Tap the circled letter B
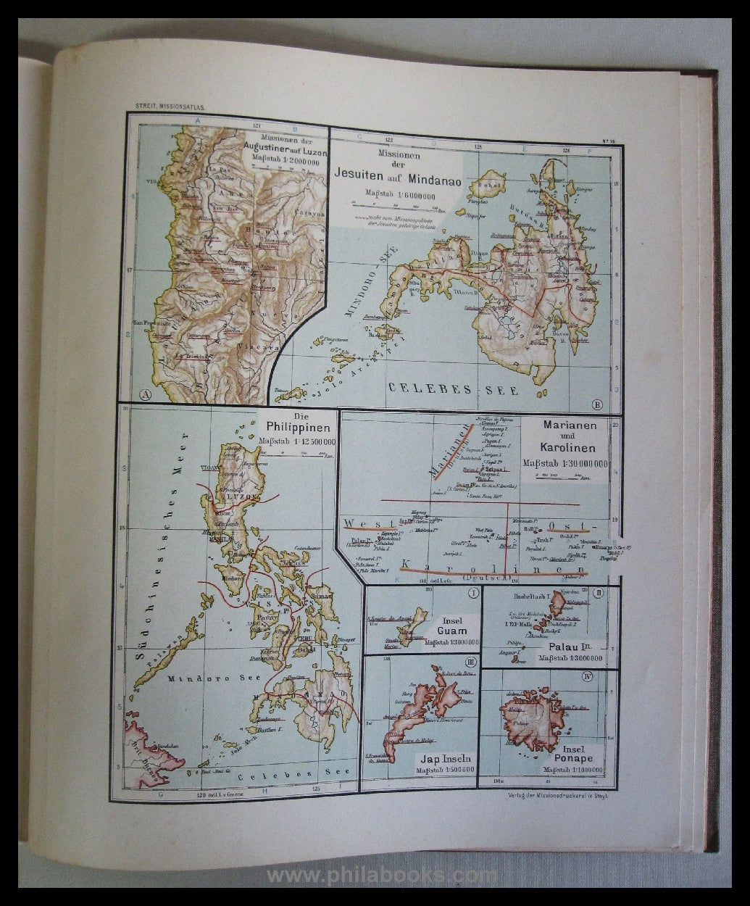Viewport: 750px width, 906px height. [597, 404]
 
